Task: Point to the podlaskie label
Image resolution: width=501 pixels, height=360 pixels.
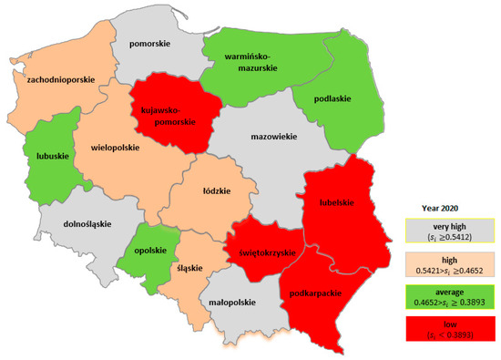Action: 332,99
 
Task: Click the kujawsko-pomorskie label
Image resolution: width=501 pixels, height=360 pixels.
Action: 168,115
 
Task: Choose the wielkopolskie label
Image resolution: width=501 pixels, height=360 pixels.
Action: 114,145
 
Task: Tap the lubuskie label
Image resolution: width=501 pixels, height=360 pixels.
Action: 44,155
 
